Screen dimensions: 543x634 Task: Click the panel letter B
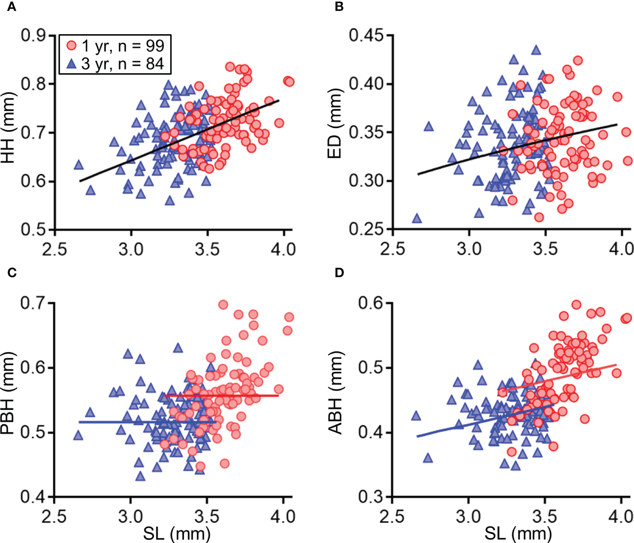[x=339, y=7]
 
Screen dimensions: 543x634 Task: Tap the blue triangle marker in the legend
[x=72, y=64]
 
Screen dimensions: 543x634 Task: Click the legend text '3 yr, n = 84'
[x=122, y=64]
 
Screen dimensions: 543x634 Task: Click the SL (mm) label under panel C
[x=176, y=534]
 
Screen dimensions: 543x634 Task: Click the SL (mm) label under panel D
[x=518, y=534]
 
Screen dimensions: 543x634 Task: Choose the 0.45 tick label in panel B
[x=368, y=36]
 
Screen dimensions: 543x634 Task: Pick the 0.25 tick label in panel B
[x=368, y=229]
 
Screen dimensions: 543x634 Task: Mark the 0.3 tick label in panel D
[x=371, y=497]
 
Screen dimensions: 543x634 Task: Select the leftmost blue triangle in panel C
[x=78, y=435]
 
